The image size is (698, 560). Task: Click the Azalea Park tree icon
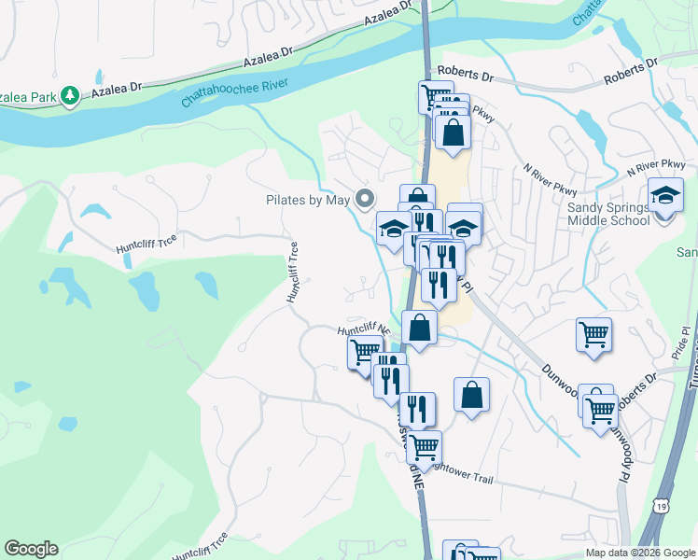tap(69, 95)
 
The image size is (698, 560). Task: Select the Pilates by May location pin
tap(365, 199)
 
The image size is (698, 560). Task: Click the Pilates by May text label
tap(307, 200)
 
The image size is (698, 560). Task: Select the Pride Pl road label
tap(678, 344)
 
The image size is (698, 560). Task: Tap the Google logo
tap(31, 549)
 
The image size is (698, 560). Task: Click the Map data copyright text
tap(640, 553)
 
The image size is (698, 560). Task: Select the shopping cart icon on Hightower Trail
tap(424, 447)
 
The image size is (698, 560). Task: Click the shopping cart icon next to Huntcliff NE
tap(363, 353)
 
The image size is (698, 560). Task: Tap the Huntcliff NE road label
tap(364, 330)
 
